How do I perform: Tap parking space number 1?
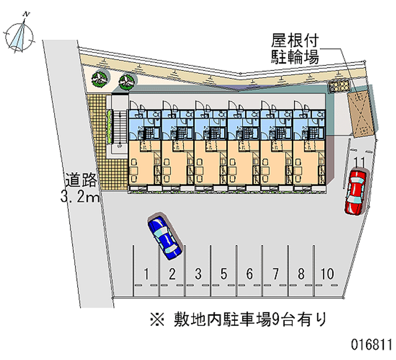[146, 274]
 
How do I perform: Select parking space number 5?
[224, 274]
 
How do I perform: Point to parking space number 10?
[327, 274]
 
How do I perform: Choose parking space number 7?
[276, 274]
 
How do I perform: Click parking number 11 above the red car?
[359, 162]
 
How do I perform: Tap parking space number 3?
[198, 274]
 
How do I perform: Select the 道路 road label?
[81, 180]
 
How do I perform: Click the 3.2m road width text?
[80, 196]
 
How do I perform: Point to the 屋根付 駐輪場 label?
[295, 49]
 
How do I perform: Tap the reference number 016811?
[371, 345]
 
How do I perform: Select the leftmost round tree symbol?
[99, 78]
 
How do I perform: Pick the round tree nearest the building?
[127, 81]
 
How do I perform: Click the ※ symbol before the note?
[157, 319]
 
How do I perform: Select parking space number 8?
[301, 274]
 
